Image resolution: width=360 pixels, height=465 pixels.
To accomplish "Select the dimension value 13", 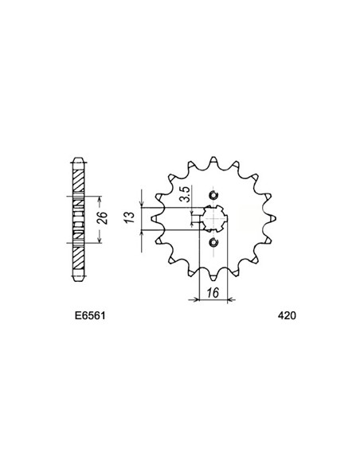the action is point(130,217).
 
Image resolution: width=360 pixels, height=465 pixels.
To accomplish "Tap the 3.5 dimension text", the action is point(186,194).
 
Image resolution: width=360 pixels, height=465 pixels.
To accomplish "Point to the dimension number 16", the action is point(213,293).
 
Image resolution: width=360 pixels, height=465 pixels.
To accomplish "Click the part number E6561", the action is point(90,315).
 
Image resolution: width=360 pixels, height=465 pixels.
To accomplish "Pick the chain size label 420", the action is point(287,315).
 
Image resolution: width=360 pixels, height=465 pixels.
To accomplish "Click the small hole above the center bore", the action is point(213,195).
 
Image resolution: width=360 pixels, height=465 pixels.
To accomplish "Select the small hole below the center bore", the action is point(213,243).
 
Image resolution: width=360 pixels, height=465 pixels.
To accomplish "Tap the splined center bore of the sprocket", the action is point(213,218).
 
